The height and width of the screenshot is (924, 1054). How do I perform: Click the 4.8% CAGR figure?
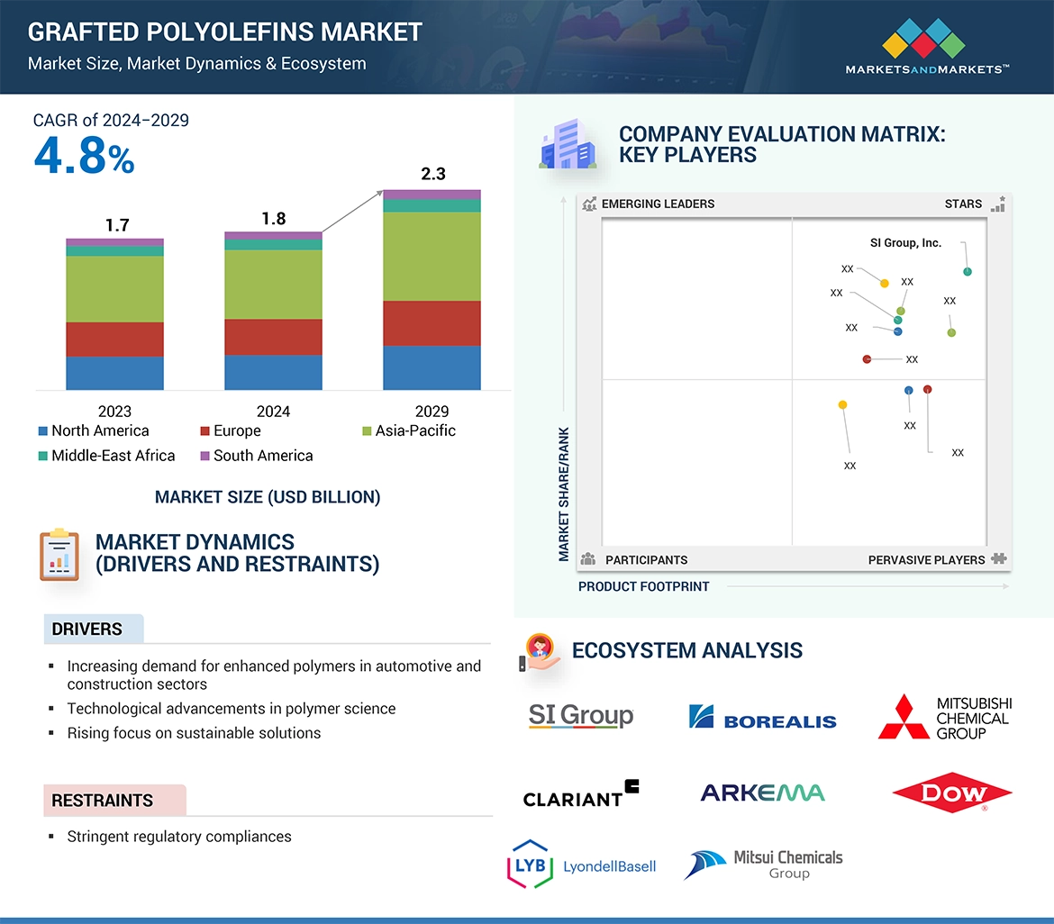point(84,157)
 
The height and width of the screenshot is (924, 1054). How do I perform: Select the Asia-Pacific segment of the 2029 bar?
point(432,257)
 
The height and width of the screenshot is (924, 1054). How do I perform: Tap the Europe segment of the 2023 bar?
point(114,340)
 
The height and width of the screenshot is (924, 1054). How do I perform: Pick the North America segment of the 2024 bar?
point(273,372)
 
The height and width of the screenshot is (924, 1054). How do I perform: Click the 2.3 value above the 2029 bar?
point(433,174)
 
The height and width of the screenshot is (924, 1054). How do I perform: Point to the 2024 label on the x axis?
point(273,412)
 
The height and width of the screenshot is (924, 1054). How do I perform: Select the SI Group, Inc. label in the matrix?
point(905,243)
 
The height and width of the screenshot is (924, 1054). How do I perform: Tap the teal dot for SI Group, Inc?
point(968,272)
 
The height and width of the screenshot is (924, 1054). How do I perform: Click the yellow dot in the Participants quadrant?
point(842,405)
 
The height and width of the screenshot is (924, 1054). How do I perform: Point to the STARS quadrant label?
point(963,204)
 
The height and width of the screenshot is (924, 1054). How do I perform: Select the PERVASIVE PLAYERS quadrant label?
point(926,560)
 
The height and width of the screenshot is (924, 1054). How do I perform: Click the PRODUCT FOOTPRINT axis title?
point(643,586)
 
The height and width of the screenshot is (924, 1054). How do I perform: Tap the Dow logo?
point(952,793)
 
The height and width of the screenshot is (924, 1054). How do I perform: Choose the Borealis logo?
point(762,718)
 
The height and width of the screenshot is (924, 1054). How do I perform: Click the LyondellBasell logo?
point(581,865)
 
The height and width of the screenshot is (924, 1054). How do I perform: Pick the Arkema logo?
point(762,793)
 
